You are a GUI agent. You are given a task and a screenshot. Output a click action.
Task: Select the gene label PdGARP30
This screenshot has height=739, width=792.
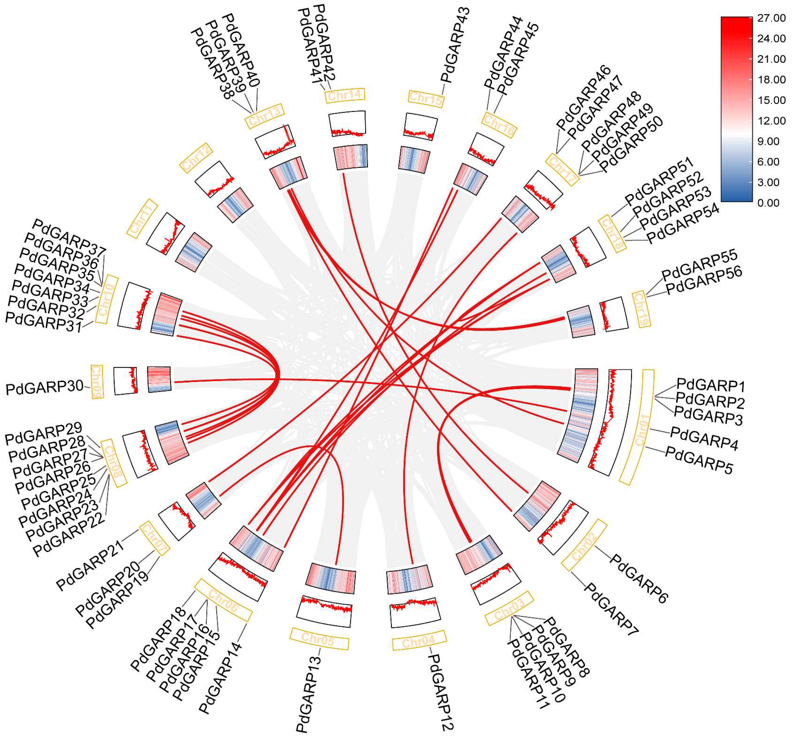[45, 387]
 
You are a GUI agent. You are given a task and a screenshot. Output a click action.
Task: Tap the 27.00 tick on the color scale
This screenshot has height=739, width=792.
[771, 18]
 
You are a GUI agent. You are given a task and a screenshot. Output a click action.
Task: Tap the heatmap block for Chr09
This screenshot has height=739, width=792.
[159, 379]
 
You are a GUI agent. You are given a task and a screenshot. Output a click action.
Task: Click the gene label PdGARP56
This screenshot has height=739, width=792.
[704, 280]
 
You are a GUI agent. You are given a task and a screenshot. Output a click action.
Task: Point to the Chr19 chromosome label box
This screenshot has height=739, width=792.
[641, 309]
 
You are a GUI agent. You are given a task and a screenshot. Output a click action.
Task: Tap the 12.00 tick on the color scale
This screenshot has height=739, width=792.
[771, 121]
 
